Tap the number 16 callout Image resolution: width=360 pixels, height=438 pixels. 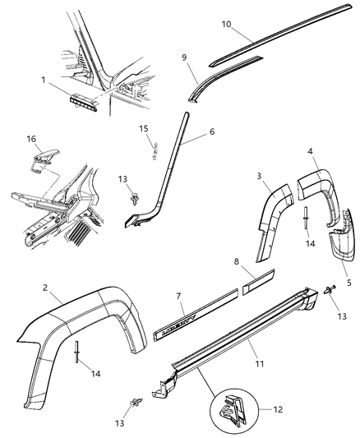[x=33, y=141]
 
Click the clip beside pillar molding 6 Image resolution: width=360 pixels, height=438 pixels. [x=132, y=197]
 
